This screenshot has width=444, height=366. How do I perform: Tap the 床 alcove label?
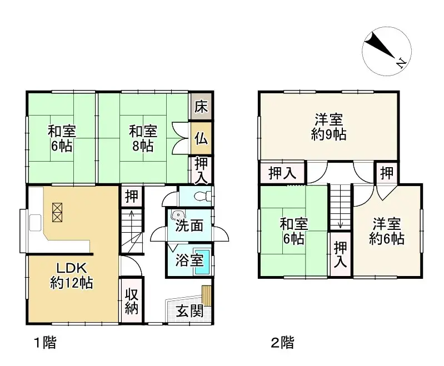201,106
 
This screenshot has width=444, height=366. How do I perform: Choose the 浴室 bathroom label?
189,260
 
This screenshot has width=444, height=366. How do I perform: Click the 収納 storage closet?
131,302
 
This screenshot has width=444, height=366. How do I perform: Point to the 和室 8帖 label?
143,139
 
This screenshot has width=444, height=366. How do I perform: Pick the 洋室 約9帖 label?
328,127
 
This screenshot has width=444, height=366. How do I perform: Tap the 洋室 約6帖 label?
387,232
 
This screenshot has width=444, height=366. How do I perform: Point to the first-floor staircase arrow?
131,214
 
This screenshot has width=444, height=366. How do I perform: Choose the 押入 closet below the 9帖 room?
282,172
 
